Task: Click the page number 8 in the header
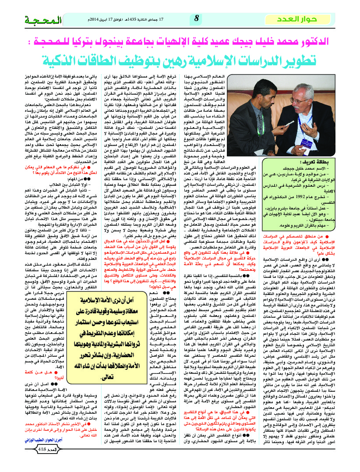[x=197, y=18]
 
